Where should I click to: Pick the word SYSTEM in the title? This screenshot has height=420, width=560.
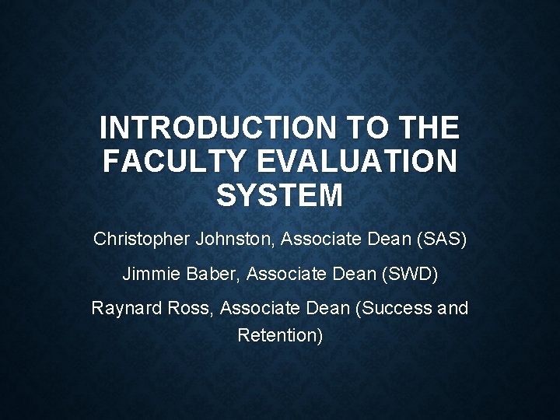tap(279, 195)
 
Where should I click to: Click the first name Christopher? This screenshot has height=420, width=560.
tap(138, 240)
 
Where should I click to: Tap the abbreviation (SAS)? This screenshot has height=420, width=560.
tap(442, 240)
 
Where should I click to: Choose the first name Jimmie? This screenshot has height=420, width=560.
tap(146, 274)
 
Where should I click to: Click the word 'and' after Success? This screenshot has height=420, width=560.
tap(453, 308)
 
